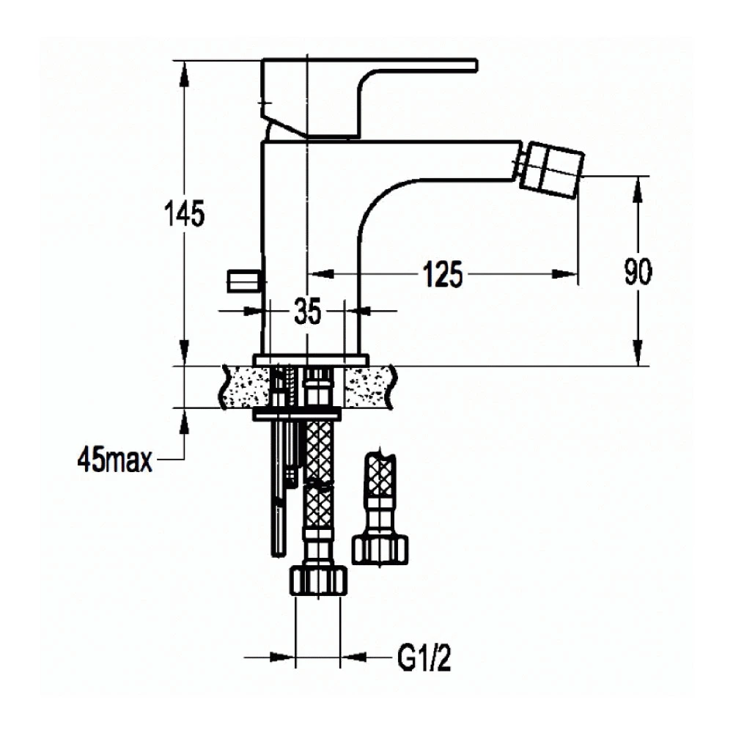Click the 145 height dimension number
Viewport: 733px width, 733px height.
(x=184, y=213)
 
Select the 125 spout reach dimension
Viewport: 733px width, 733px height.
(x=443, y=273)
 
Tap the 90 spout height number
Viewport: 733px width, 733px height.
(x=638, y=272)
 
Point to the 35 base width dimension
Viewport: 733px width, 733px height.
(x=308, y=312)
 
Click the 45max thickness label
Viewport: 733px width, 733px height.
(x=115, y=460)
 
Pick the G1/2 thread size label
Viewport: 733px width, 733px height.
(x=424, y=658)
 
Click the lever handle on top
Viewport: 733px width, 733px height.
(x=369, y=98)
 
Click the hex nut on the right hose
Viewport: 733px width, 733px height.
(x=380, y=550)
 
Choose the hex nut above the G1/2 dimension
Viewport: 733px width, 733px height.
(x=319, y=581)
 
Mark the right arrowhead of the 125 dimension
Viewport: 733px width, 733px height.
(x=564, y=273)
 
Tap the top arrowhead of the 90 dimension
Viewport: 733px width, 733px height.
(x=638, y=189)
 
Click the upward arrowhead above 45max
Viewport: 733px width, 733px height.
(x=185, y=421)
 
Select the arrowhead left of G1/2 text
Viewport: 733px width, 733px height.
(x=282, y=657)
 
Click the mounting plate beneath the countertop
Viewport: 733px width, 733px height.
(x=298, y=414)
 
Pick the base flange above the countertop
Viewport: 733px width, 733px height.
(x=311, y=360)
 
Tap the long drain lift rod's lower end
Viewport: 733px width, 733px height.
(x=278, y=555)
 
